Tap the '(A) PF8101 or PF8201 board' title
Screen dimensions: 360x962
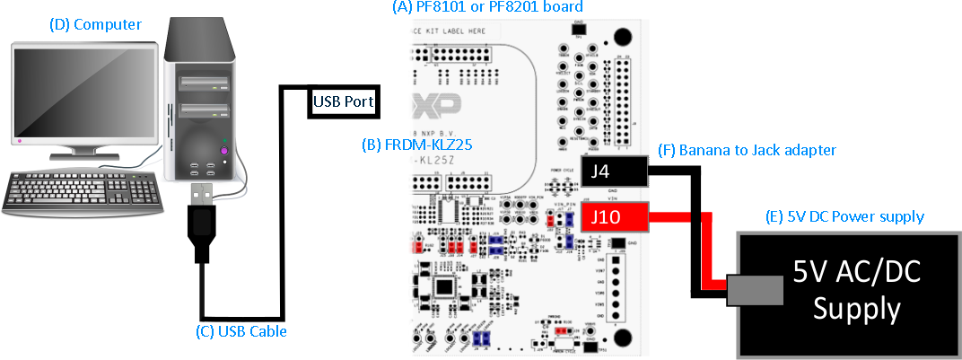click(x=488, y=8)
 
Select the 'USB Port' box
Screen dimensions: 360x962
click(x=342, y=101)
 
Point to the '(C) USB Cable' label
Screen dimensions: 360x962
click(x=241, y=331)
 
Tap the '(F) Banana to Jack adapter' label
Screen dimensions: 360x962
click(x=747, y=151)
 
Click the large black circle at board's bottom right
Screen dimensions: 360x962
click(x=620, y=338)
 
